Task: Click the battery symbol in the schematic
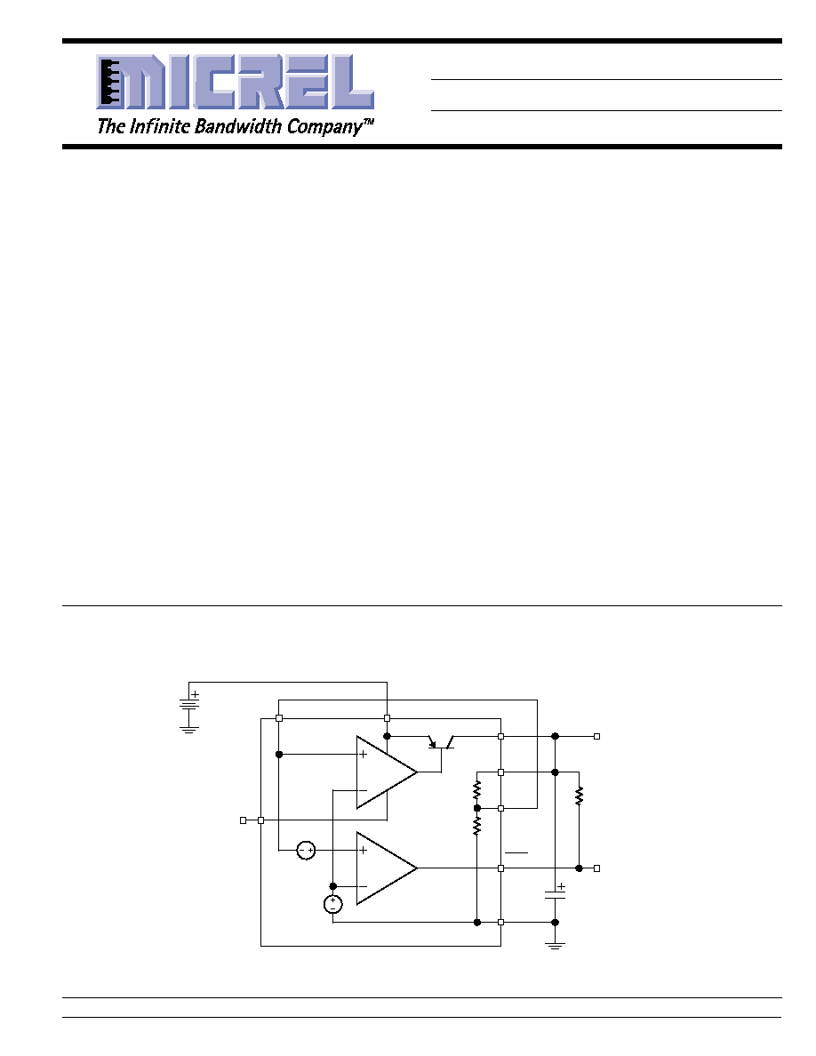(188, 704)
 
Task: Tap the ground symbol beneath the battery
(188, 730)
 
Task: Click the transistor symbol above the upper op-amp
(442, 742)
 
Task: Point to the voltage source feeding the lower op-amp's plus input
(307, 851)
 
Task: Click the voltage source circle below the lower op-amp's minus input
(332, 905)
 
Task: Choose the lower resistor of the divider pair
(476, 825)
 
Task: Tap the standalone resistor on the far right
(579, 796)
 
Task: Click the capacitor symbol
(555, 893)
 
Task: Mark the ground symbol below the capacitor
(555, 946)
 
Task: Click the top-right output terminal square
(596, 737)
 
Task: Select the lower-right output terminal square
(596, 868)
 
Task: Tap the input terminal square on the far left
(243, 820)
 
